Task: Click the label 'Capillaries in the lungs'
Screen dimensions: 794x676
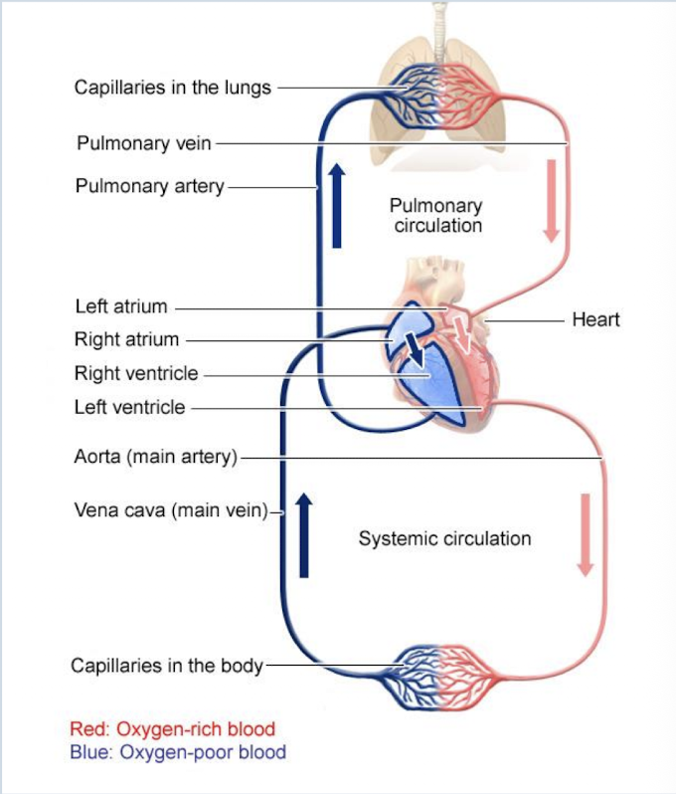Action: pyautogui.click(x=172, y=88)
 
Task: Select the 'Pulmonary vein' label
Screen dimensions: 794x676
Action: pyautogui.click(x=144, y=143)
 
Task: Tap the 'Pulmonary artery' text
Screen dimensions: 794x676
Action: pyautogui.click(x=150, y=186)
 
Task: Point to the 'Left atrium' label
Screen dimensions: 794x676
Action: pyautogui.click(x=121, y=306)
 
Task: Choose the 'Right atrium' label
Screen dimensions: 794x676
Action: pyautogui.click(x=126, y=339)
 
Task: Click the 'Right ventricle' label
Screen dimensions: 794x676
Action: pyautogui.click(x=136, y=374)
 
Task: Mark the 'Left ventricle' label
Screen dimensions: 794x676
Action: pyautogui.click(x=129, y=407)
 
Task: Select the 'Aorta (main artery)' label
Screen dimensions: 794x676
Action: pyautogui.click(x=156, y=458)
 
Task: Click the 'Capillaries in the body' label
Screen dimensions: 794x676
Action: pyautogui.click(x=167, y=666)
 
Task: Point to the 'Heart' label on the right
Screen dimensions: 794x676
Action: pyautogui.click(x=595, y=319)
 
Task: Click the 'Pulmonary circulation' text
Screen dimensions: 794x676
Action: pyautogui.click(x=436, y=216)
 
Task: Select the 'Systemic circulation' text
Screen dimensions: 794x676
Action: pyautogui.click(x=444, y=539)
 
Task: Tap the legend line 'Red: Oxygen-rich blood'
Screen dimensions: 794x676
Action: pyautogui.click(x=172, y=730)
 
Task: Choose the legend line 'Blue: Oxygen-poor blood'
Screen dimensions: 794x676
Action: pyautogui.click(x=177, y=752)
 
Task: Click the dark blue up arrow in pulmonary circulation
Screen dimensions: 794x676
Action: pyautogui.click(x=337, y=207)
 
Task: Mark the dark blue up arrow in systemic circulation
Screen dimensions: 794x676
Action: pyautogui.click(x=304, y=534)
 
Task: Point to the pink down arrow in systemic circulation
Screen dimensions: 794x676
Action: pyautogui.click(x=585, y=534)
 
